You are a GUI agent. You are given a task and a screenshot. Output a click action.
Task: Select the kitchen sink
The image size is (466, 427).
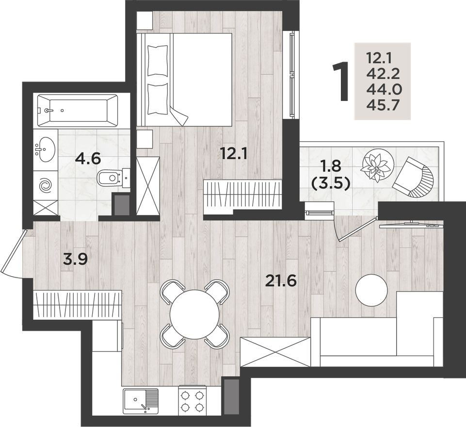pos(141,400)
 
